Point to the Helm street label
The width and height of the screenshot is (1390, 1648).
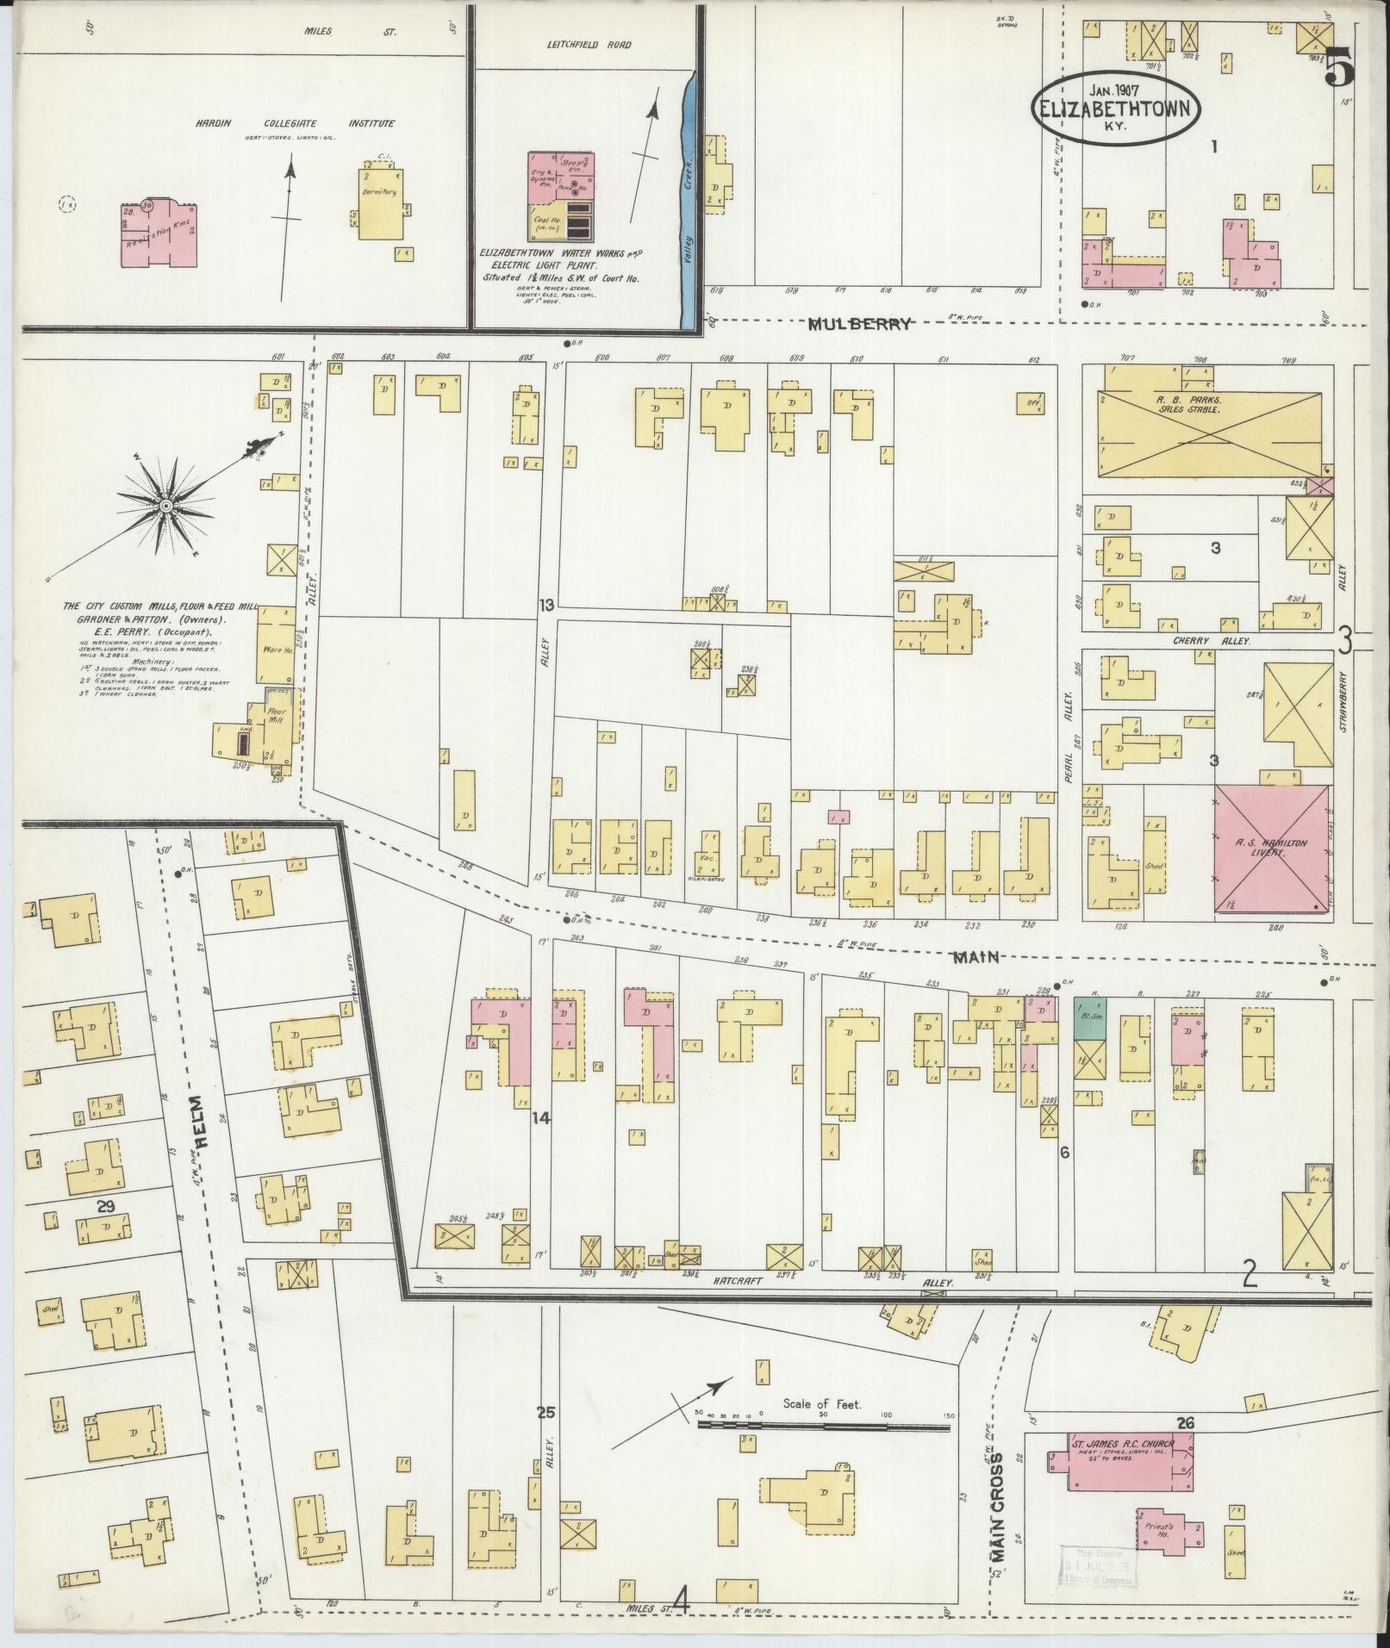click(201, 1121)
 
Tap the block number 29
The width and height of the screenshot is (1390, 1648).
click(105, 1207)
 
